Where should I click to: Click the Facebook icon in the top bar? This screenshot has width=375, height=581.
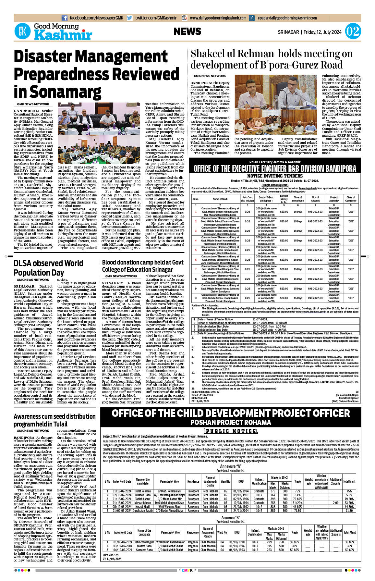click(65, 18)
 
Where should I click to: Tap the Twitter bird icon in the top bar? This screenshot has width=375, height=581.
click(130, 18)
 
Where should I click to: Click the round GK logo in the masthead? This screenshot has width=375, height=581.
click(22, 31)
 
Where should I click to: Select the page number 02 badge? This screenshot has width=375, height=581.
click(353, 31)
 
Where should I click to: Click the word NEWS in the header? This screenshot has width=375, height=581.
click(187, 31)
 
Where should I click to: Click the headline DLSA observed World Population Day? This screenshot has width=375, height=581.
click(48, 268)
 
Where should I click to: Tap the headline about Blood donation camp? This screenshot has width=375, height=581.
click(143, 266)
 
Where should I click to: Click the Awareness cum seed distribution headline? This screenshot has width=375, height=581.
click(54, 420)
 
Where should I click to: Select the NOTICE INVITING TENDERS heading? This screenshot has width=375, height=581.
click(275, 176)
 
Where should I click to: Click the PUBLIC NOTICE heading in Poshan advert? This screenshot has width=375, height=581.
click(231, 431)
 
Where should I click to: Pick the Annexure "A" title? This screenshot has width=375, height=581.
click(231, 466)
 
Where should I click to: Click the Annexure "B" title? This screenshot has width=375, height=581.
click(231, 517)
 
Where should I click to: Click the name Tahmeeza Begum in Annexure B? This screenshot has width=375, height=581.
click(144, 542)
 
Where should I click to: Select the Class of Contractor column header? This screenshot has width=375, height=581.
click(351, 199)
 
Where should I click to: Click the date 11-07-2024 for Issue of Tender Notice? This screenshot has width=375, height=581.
click(260, 319)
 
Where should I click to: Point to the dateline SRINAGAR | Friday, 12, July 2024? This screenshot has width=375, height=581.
click(309, 32)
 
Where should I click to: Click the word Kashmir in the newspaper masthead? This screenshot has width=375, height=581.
click(63, 35)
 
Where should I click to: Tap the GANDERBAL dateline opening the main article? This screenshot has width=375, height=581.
click(26, 111)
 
